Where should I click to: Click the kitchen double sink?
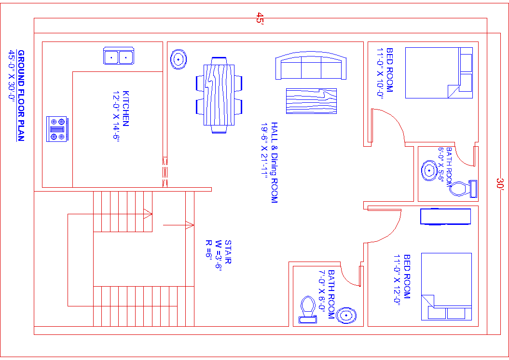point(119,56)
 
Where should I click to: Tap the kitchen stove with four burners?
point(57,129)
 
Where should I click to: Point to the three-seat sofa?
point(311,67)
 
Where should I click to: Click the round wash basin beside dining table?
point(179,59)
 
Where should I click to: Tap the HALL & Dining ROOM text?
point(274,162)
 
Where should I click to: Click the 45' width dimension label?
point(260,19)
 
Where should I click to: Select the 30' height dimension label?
point(500,184)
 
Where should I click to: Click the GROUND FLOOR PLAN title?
point(21,95)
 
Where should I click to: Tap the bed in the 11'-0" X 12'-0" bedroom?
point(446,286)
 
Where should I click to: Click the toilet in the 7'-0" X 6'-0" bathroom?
point(307,309)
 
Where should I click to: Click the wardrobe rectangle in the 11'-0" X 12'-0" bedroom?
point(445,217)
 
